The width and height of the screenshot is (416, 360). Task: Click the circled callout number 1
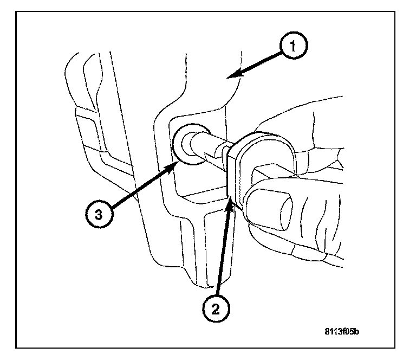(293, 47)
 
